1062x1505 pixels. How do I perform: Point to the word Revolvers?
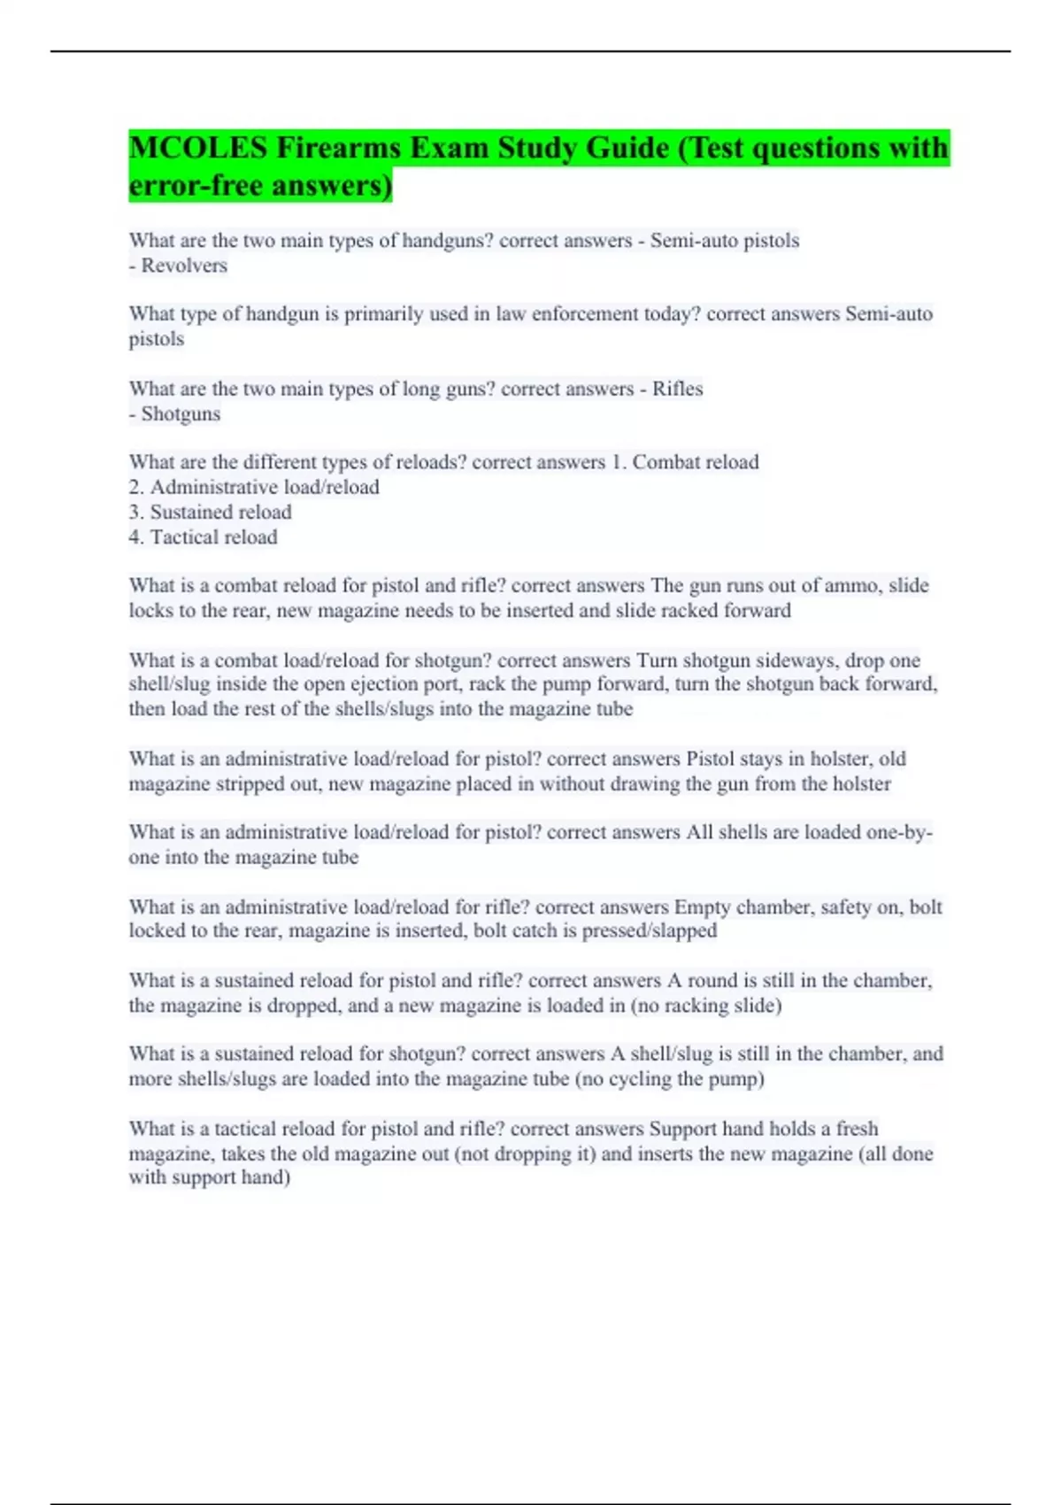[x=184, y=266]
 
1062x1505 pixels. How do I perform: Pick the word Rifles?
[x=677, y=389]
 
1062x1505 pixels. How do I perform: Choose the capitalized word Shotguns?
[x=181, y=413]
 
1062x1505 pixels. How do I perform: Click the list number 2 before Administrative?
[x=135, y=487]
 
